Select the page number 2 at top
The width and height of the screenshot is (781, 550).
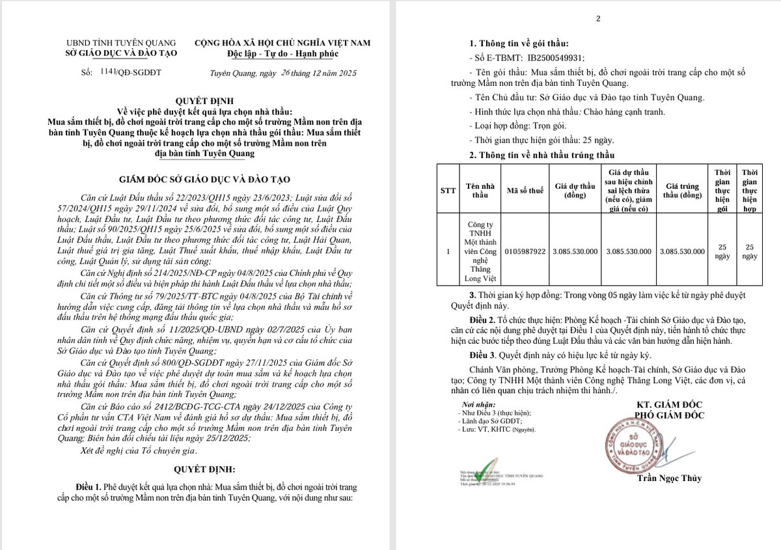(x=597, y=18)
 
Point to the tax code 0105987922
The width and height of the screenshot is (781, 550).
(x=526, y=251)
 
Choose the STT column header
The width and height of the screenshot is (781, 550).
(x=448, y=190)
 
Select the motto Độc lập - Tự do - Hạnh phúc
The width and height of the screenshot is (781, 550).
(x=283, y=53)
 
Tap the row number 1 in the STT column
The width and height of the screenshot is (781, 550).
(x=448, y=251)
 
